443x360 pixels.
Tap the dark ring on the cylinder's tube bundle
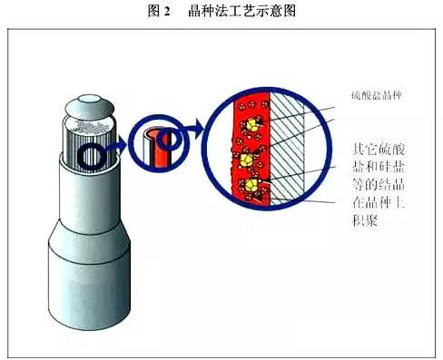click(91, 158)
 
